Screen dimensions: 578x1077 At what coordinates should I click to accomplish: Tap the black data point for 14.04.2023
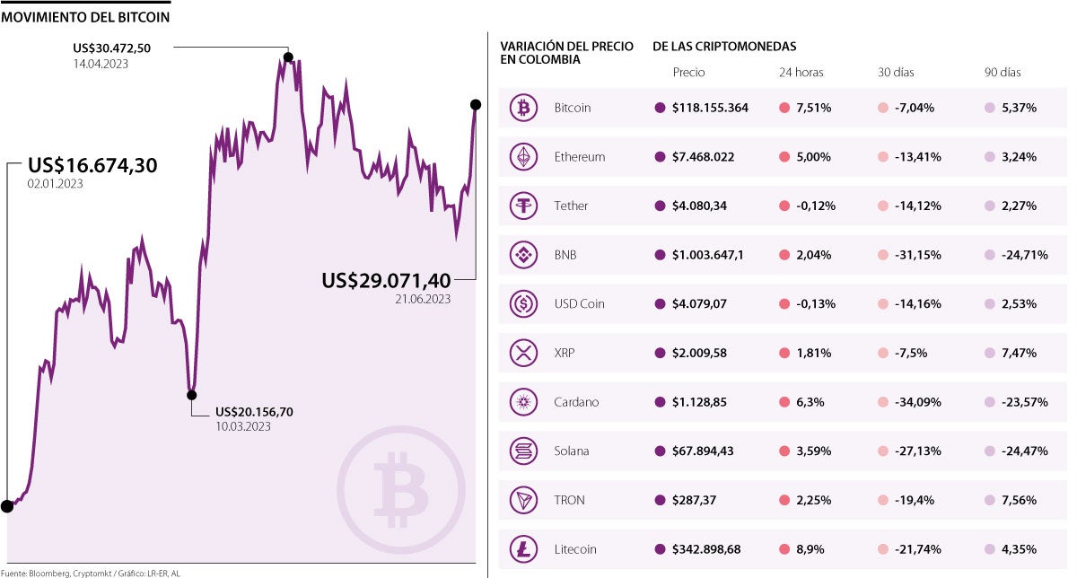pyautogui.click(x=288, y=57)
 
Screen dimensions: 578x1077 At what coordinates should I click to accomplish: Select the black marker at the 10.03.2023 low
pyautogui.click(x=191, y=394)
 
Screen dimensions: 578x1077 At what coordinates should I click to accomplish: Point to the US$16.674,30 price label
pyautogui.click(x=92, y=165)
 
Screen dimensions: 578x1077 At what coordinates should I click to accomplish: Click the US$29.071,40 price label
pyautogui.click(x=386, y=281)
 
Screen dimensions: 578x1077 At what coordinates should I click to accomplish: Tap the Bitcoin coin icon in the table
pyautogui.click(x=521, y=108)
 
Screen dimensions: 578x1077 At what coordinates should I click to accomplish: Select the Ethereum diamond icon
pyautogui.click(x=521, y=157)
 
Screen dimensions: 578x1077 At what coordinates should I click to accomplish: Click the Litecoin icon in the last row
pyautogui.click(x=521, y=549)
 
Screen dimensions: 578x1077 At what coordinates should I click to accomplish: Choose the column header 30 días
pyautogui.click(x=896, y=73)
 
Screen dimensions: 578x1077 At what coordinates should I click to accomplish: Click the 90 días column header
pyautogui.click(x=1003, y=73)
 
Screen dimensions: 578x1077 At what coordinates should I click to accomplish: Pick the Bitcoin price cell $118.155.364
pyautogui.click(x=709, y=108)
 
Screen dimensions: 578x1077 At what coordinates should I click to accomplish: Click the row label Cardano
pyautogui.click(x=576, y=402)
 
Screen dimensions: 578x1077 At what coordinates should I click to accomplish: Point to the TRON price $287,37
pyautogui.click(x=694, y=500)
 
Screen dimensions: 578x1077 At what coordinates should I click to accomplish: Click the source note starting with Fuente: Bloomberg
pyautogui.click(x=90, y=572)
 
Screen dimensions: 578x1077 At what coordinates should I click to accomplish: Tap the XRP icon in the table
pyautogui.click(x=521, y=353)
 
